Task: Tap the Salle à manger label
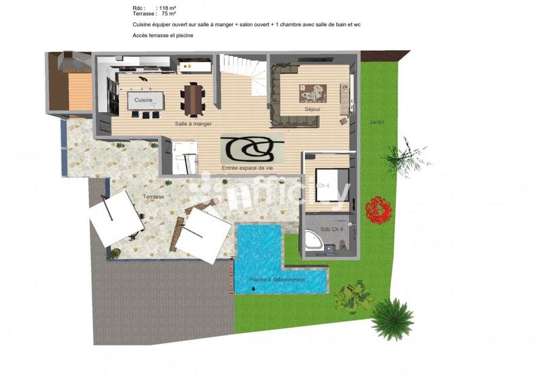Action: pos(193,124)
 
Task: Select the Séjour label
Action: pos(312,109)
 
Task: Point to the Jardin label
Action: pos(376,122)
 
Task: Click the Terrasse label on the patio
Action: pos(153,197)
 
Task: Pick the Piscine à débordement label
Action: pos(277,280)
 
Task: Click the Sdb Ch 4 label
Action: pos(331,230)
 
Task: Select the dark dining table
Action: pos(194,99)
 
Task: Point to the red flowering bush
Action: pos(378,210)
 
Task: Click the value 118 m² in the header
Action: pos(167,8)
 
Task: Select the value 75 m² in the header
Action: pos(169,14)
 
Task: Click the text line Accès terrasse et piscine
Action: pos(163,35)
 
